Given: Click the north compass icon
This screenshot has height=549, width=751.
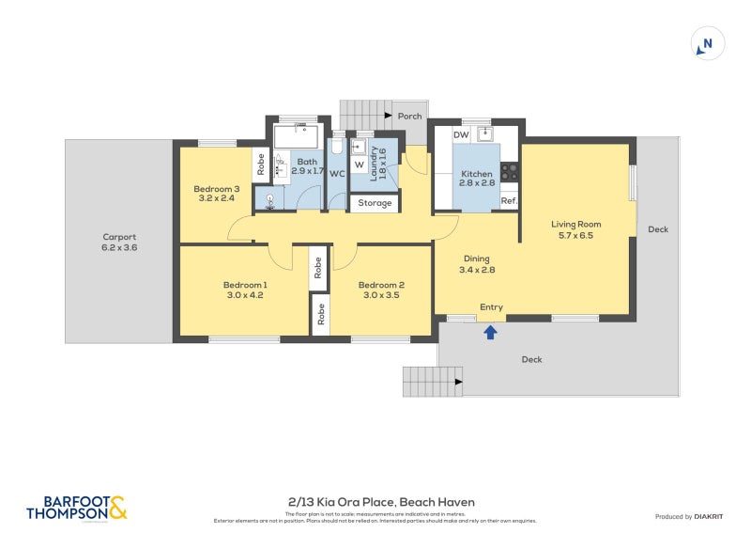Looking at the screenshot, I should [x=708, y=44].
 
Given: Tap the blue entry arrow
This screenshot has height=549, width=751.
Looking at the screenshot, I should [x=490, y=330].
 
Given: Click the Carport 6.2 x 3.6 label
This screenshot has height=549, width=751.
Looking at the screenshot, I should [x=119, y=243].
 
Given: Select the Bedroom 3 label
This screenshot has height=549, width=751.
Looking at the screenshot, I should [x=217, y=194].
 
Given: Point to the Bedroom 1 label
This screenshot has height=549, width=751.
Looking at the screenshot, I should [x=245, y=290].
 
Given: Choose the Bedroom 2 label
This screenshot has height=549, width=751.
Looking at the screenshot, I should [x=381, y=290].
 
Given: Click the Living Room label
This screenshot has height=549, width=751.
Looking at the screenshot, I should [x=575, y=229].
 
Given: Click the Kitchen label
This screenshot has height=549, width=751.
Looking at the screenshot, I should [x=476, y=180].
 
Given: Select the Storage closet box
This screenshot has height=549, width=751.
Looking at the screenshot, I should [x=375, y=202].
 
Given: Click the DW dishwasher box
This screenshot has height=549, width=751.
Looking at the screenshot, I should [x=461, y=135].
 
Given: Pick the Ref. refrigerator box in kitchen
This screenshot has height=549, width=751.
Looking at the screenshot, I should [x=509, y=201].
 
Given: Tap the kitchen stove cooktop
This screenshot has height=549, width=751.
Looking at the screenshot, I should [x=510, y=172].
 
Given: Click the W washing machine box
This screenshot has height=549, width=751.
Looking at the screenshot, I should [x=359, y=165].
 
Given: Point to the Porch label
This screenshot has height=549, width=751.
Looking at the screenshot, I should [x=409, y=117].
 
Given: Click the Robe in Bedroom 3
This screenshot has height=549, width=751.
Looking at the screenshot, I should [x=260, y=165].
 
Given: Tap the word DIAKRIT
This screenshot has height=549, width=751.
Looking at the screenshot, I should [x=713, y=517].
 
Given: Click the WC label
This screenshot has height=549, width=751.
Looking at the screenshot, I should [x=337, y=174].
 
